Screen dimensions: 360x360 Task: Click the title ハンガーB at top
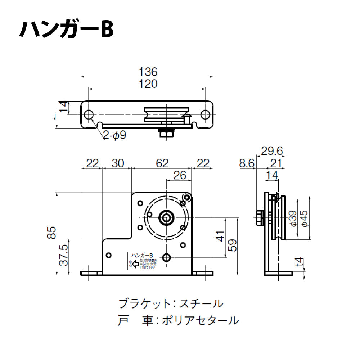tap(67, 30)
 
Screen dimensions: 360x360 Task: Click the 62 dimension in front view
tap(162, 163)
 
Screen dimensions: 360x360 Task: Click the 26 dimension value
tap(180, 175)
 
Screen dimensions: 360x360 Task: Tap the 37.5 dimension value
tap(63, 256)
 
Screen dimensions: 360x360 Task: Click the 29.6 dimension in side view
tap(272, 150)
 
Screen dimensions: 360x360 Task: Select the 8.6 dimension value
tap(247, 164)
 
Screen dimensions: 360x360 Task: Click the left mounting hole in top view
tap(89, 115)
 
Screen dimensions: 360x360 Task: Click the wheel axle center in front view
tap(166, 217)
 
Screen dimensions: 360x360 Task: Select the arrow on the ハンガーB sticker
tap(135, 265)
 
